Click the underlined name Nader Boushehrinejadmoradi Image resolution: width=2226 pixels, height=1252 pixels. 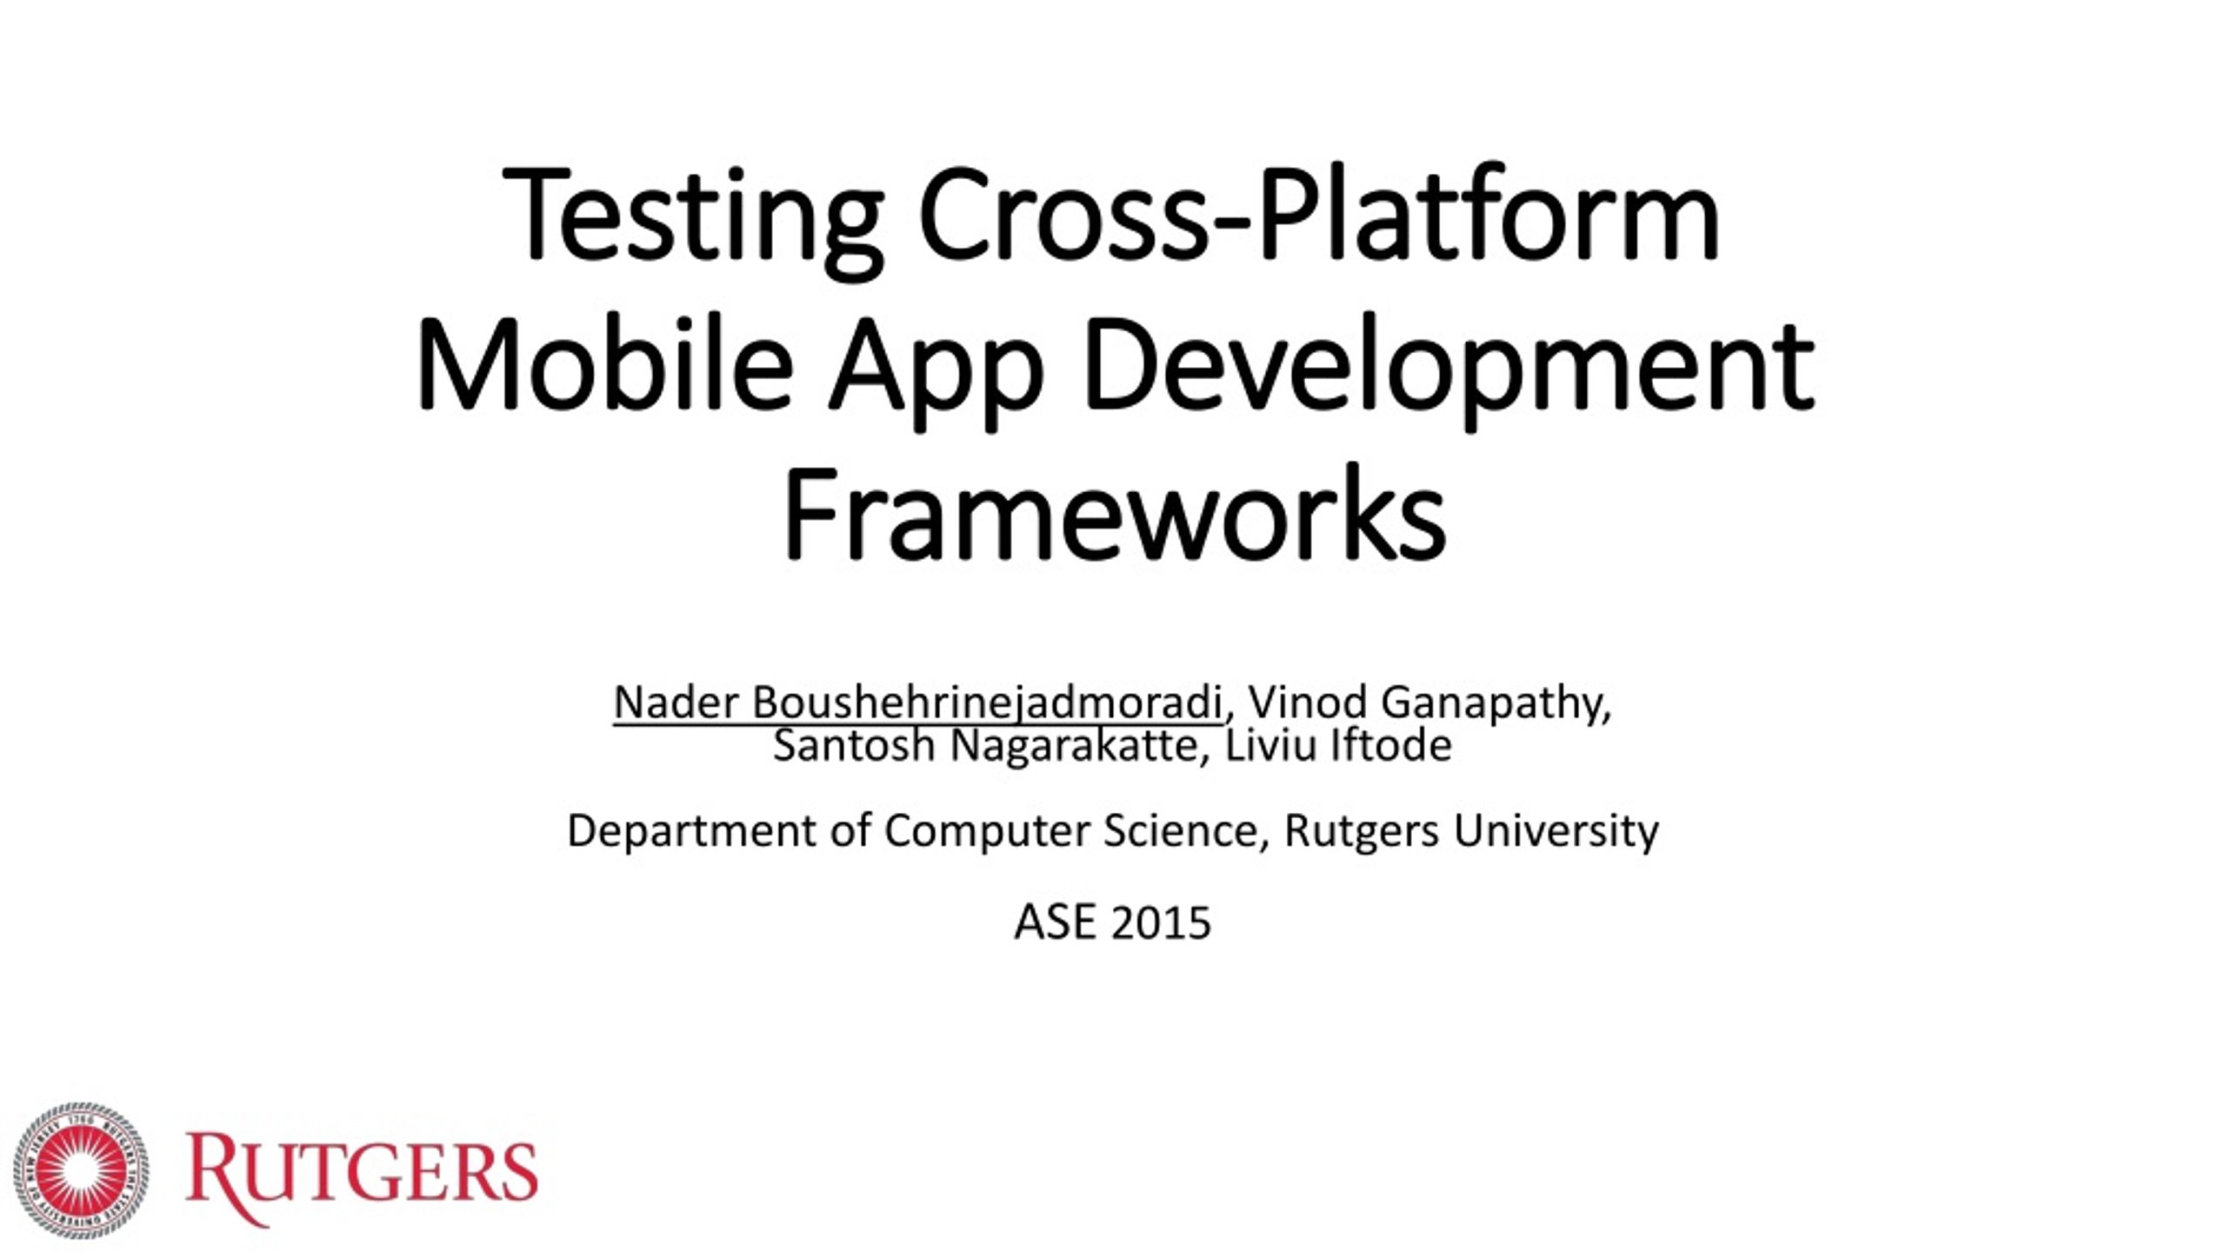[918, 703]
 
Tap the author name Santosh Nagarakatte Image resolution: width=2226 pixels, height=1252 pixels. [985, 746]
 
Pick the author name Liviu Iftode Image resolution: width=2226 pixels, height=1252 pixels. [1339, 745]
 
